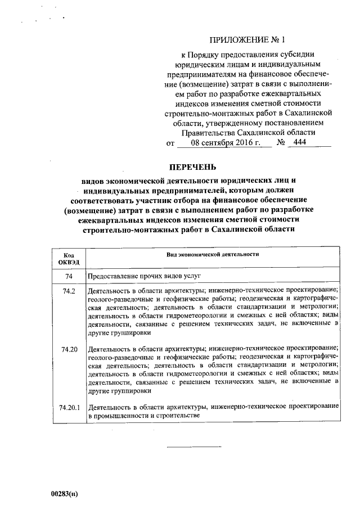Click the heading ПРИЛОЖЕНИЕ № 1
247,40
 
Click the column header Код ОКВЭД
69,258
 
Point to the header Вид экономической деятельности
213,255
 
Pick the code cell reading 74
69,277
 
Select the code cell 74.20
69,349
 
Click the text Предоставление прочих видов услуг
144,277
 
